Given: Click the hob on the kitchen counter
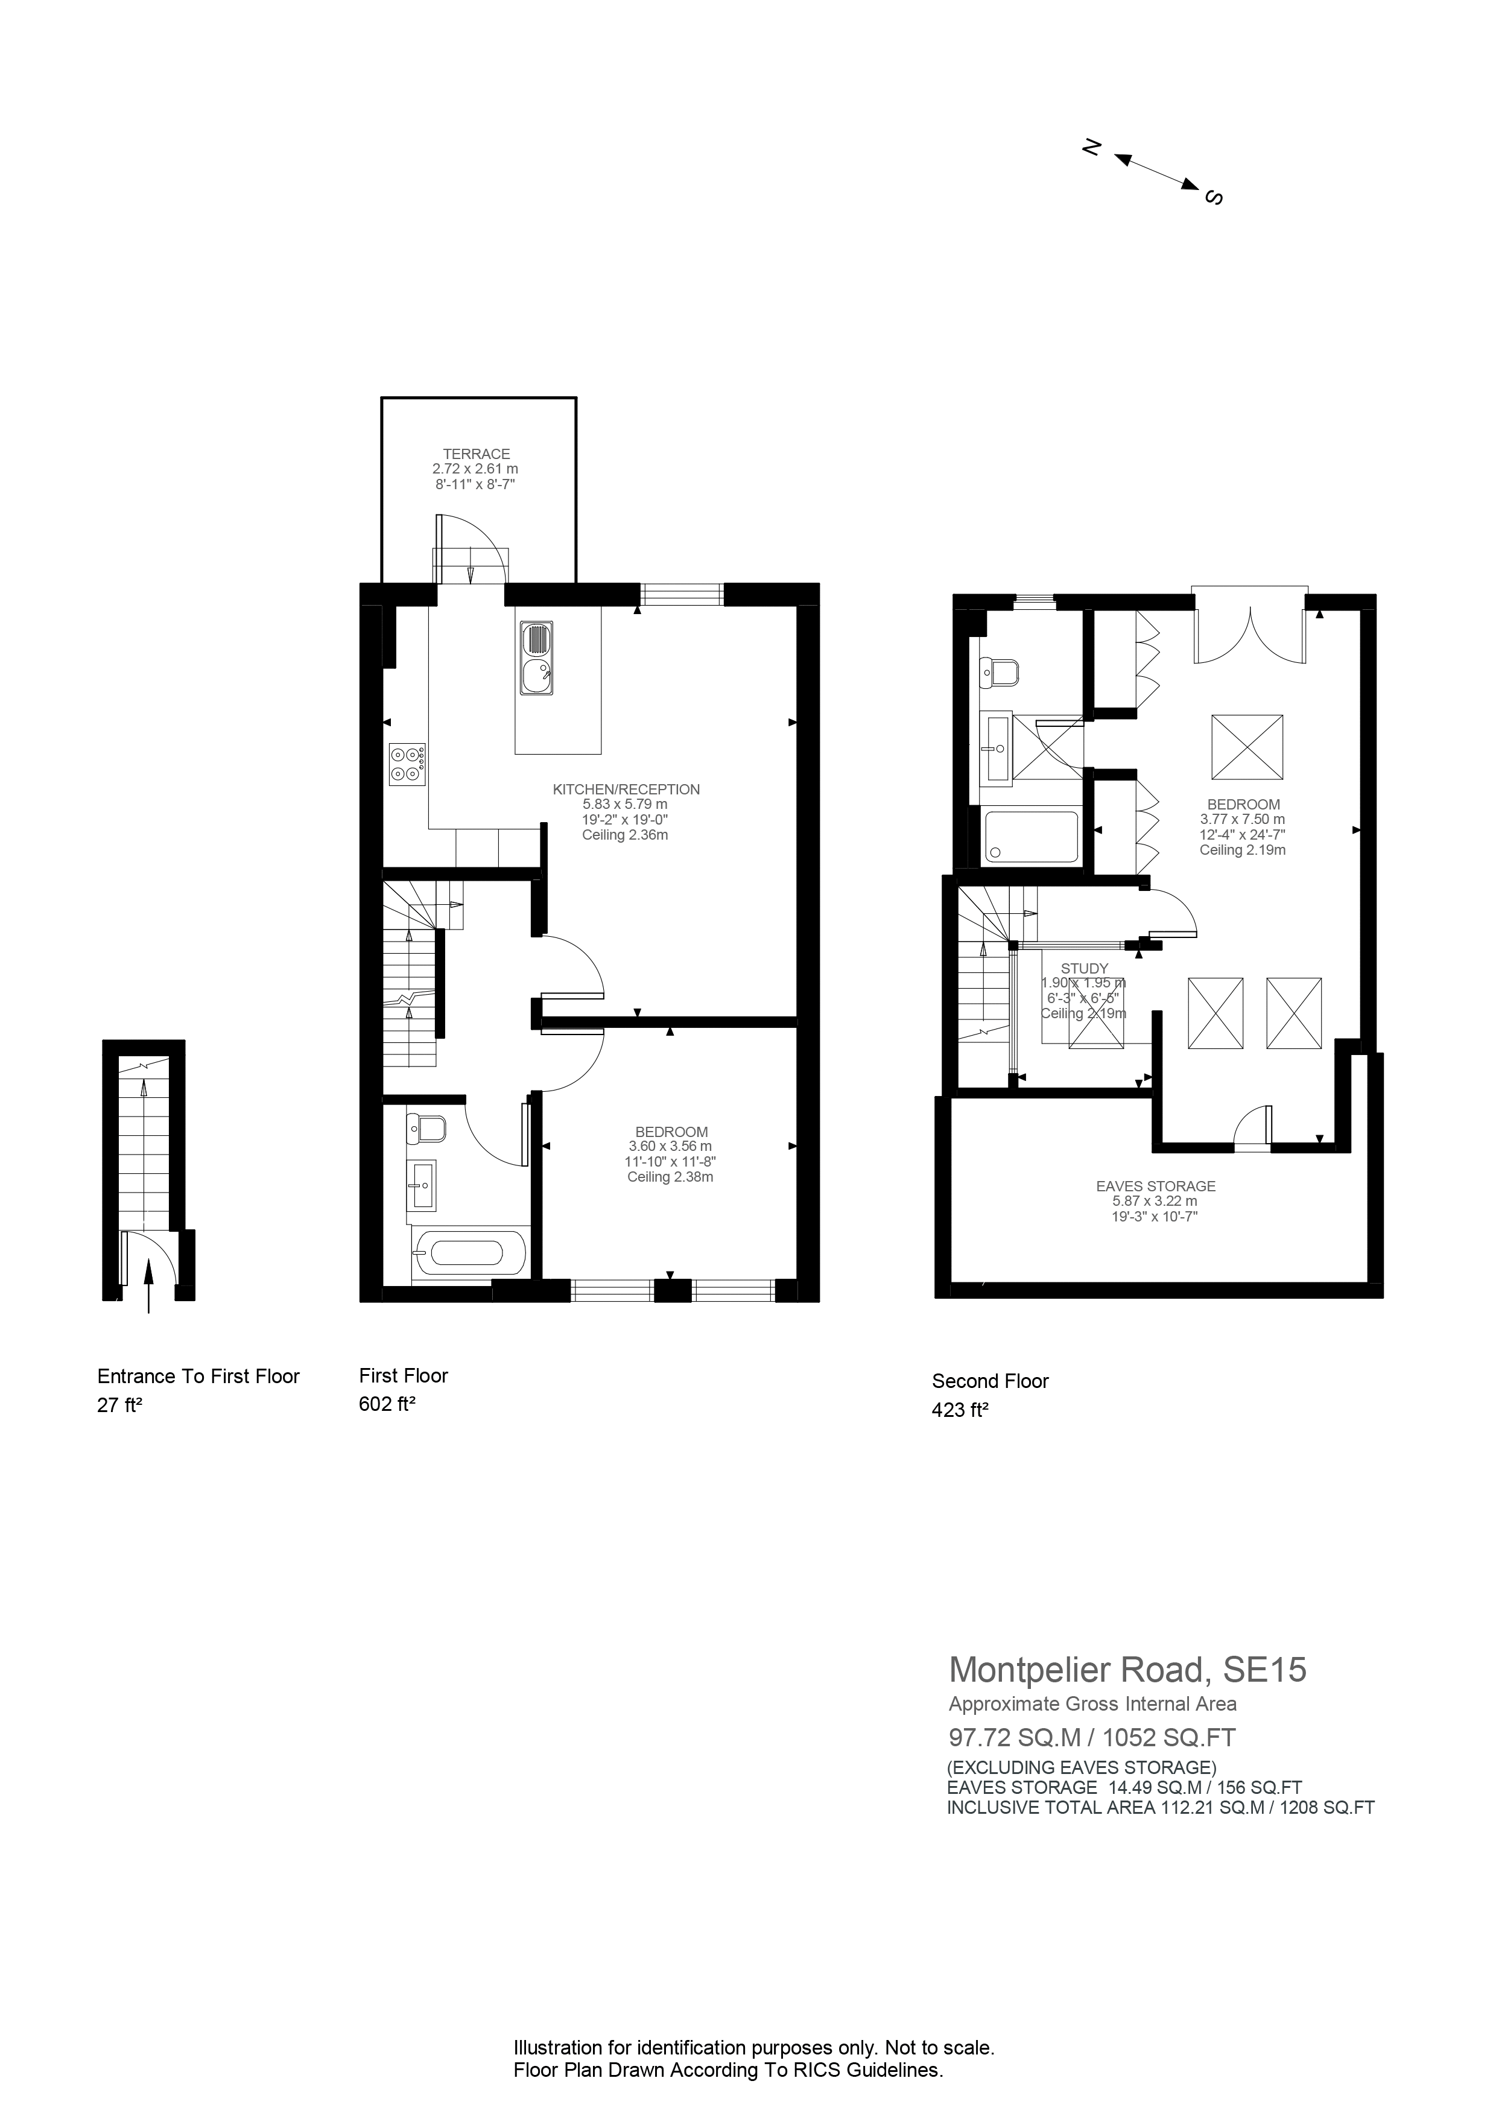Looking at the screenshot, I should (407, 764).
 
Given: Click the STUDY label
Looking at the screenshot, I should (1084, 969).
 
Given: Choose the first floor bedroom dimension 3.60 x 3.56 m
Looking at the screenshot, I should (670, 1147).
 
